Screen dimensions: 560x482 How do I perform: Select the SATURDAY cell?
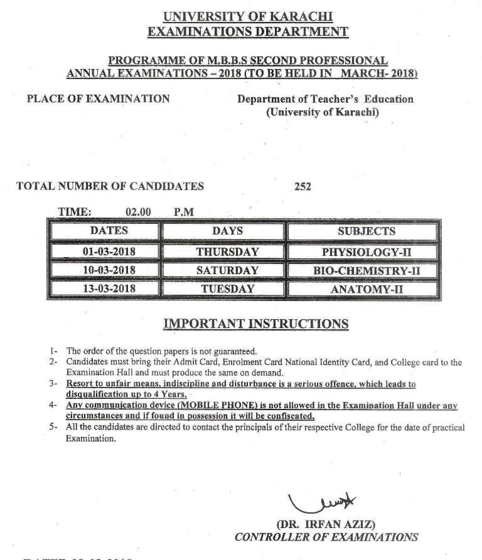(x=227, y=270)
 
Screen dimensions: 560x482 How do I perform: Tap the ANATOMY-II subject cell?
(x=361, y=290)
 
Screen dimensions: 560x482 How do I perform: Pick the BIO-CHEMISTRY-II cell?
(x=361, y=270)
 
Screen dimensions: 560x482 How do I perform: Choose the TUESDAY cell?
(x=227, y=289)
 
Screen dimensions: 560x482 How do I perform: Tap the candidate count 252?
(x=303, y=186)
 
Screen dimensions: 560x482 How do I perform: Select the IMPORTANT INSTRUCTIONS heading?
(x=255, y=324)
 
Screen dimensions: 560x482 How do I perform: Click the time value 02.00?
(x=138, y=212)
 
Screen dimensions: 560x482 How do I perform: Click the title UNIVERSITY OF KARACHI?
(x=247, y=17)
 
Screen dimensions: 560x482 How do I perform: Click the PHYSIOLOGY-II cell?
(x=361, y=251)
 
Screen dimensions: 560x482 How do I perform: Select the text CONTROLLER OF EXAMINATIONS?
(x=326, y=537)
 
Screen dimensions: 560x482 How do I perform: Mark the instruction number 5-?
(x=54, y=428)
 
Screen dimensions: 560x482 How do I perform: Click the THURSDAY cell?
(x=227, y=251)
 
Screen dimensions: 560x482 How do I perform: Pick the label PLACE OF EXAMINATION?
(x=98, y=98)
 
